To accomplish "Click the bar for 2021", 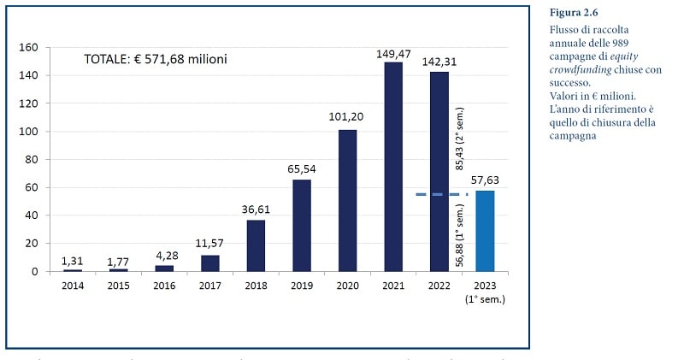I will point(393,167).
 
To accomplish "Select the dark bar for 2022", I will point(439,171).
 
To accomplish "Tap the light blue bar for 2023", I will point(485,231).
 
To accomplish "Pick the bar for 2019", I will point(302,226).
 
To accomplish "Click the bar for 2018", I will point(256,246).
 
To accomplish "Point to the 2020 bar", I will point(348,201).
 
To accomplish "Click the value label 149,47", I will point(393,54).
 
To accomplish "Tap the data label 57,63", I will point(485,181).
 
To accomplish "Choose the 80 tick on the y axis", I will point(32,160).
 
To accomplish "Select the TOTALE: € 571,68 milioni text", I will point(155,60).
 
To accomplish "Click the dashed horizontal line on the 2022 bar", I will point(441,194).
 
